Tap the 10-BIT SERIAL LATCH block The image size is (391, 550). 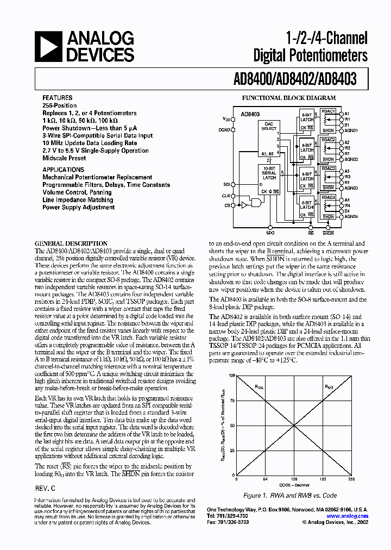point(269,174)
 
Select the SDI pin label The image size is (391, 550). point(226,184)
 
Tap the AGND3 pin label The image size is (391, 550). point(351,187)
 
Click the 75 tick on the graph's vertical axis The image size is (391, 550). point(232,401)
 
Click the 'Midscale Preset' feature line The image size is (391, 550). point(64,158)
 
